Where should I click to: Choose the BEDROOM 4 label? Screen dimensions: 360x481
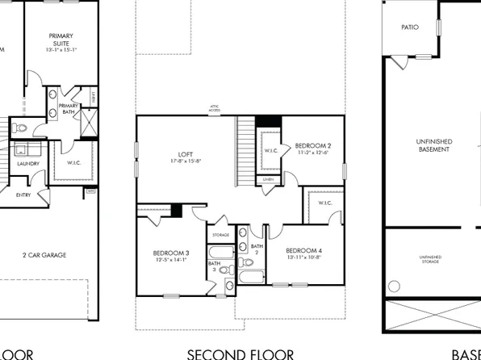pos(303,249)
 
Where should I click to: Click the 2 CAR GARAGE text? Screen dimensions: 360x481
pos(44,255)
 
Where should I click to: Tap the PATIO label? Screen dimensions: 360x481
pos(410,27)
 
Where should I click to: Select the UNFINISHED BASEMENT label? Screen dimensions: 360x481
pos(434,145)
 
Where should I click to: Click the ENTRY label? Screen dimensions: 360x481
pos(27,195)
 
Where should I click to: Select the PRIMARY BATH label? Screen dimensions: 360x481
pos(69,109)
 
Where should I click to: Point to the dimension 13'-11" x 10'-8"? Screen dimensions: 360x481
pos(303,257)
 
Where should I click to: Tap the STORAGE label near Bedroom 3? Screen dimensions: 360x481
pos(221,235)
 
